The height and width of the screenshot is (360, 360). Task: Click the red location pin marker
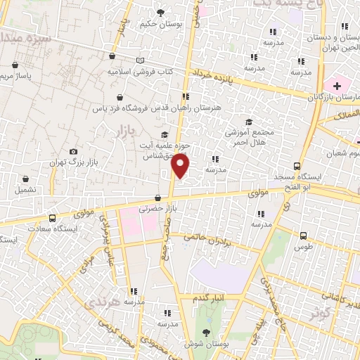(x=181, y=166)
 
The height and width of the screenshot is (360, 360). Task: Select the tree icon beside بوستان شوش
(x=205, y=331)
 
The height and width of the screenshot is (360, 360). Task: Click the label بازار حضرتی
(x=154, y=209)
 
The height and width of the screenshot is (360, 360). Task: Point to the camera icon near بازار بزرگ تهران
(x=74, y=152)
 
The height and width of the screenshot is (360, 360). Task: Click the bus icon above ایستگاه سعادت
(x=52, y=218)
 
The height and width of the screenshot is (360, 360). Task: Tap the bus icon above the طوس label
(x=303, y=236)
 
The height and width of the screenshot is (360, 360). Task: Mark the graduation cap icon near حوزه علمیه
(x=165, y=136)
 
